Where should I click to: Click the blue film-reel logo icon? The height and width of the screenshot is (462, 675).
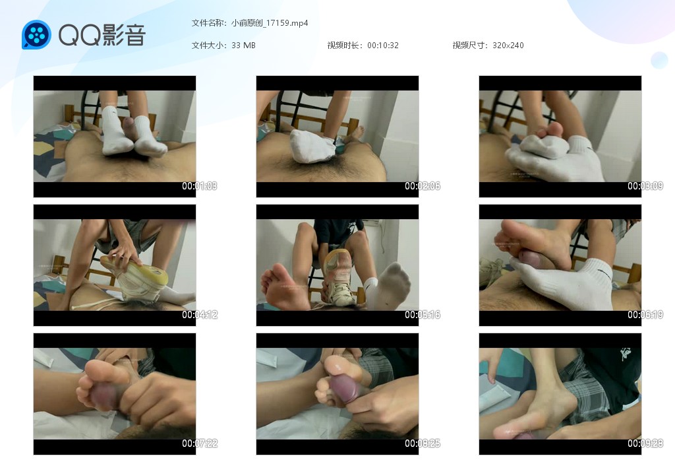tap(37, 34)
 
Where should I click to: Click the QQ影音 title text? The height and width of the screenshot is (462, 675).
tap(102, 35)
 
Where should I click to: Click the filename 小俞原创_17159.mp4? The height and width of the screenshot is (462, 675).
tap(270, 23)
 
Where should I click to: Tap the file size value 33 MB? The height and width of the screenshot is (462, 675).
tap(243, 46)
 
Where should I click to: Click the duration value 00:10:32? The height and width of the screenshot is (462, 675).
tap(383, 46)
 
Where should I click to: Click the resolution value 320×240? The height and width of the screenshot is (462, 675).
tap(508, 46)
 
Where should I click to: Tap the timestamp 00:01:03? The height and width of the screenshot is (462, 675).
tap(199, 185)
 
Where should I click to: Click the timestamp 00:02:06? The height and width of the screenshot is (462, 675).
tap(423, 185)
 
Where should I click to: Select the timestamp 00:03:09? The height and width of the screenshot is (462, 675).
tap(645, 185)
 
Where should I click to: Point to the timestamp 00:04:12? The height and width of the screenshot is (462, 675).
tap(199, 315)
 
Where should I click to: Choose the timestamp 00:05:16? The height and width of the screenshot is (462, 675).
tap(423, 315)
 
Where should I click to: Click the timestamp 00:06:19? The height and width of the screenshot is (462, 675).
tap(645, 315)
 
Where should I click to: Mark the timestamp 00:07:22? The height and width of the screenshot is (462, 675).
tap(199, 443)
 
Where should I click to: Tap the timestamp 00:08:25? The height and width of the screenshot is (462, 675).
tap(423, 443)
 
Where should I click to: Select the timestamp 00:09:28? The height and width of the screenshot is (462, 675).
tap(645, 443)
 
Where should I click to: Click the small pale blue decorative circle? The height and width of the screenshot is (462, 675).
tap(659, 60)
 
